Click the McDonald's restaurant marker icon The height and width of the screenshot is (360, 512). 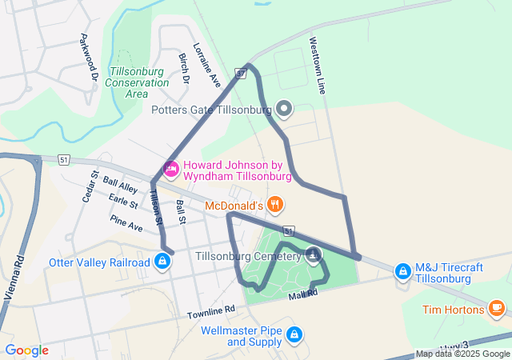(276, 203)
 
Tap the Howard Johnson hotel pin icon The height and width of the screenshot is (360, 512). (170, 168)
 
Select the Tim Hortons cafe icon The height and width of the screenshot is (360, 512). (496, 306)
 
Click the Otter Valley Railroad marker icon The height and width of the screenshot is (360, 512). (162, 261)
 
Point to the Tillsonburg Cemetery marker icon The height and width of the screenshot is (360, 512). (314, 256)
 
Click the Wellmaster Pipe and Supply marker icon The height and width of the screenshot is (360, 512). (294, 333)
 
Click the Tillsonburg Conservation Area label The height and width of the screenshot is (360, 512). (137, 77)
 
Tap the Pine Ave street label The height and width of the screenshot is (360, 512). (126, 223)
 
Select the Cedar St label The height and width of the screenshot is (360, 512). (90, 186)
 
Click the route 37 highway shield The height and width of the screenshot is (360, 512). (240, 74)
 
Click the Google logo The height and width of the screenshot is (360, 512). (26, 350)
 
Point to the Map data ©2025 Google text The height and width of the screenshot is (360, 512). (462, 354)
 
